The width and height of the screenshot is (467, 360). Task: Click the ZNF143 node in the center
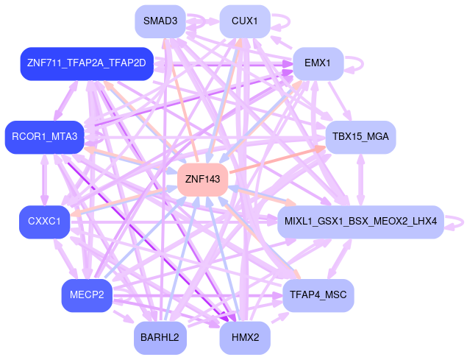(202, 179)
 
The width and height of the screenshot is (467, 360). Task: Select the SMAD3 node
(160, 21)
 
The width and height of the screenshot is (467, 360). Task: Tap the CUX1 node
(245, 21)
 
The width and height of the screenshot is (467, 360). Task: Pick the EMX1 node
(318, 64)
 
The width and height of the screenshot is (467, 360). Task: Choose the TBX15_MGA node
(360, 137)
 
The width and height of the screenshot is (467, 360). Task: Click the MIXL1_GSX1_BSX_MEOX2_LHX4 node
(360, 222)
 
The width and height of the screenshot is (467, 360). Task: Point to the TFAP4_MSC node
(318, 295)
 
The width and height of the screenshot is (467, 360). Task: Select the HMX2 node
(245, 338)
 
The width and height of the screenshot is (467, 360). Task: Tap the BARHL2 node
(160, 338)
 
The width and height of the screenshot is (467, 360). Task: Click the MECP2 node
(87, 295)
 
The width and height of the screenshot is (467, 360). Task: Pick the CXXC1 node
(44, 222)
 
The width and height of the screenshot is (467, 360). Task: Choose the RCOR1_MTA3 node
(44, 137)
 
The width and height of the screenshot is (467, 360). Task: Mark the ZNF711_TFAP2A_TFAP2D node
(87, 64)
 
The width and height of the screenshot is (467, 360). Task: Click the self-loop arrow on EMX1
(357, 64)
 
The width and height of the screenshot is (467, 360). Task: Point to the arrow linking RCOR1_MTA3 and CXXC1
(44, 179)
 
